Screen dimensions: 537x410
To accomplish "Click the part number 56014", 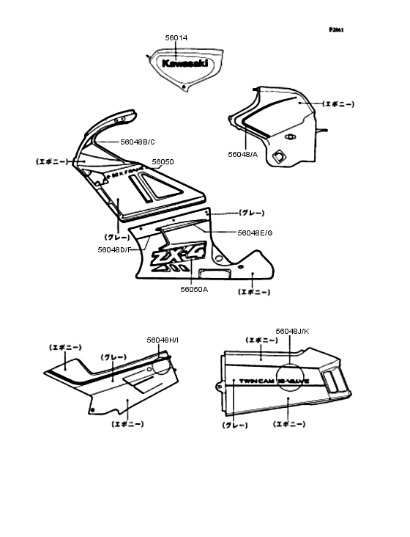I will (x=176, y=36).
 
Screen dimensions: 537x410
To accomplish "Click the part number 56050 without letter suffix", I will (x=163, y=161).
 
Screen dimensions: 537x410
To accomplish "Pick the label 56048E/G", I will (x=255, y=233).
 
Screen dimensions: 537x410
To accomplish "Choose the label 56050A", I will (x=194, y=290).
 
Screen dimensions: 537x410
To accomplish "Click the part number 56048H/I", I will (x=163, y=340).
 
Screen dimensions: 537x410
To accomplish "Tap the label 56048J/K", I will (x=293, y=332).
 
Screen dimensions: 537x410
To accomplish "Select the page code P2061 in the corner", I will (x=336, y=30).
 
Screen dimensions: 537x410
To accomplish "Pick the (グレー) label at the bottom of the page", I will (x=234, y=425).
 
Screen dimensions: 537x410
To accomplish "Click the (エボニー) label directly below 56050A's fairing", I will (x=254, y=292).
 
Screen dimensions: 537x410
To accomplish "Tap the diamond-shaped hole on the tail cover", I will (x=278, y=156).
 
